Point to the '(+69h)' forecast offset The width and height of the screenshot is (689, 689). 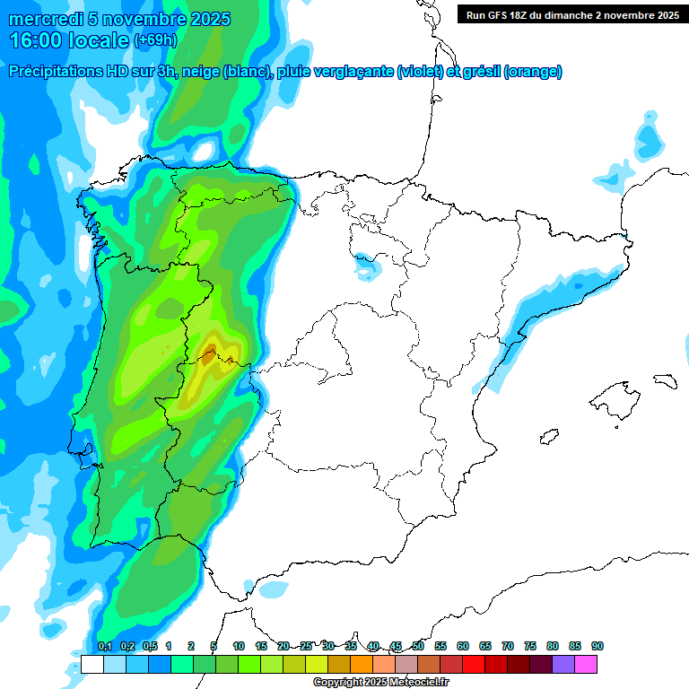pyautogui.click(x=156, y=40)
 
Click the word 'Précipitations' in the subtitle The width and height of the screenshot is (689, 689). pyautogui.click(x=55, y=72)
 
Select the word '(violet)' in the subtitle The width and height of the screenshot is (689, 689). pyautogui.click(x=420, y=72)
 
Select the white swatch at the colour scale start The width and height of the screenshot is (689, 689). pyautogui.click(x=92, y=664)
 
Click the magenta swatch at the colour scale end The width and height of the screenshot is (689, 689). pyautogui.click(x=587, y=664)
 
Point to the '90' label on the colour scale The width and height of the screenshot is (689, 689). pyautogui.click(x=597, y=646)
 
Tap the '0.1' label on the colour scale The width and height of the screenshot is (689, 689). pyautogui.click(x=104, y=646)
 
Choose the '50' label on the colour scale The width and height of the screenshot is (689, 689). pyautogui.click(x=418, y=646)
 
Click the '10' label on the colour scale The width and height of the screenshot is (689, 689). pyautogui.click(x=239, y=646)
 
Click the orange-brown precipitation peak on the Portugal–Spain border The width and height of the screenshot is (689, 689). pyautogui.click(x=209, y=356)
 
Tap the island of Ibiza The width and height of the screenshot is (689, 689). pyautogui.click(x=548, y=436)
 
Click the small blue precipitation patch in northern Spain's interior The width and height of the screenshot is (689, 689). pyautogui.click(x=366, y=266)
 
